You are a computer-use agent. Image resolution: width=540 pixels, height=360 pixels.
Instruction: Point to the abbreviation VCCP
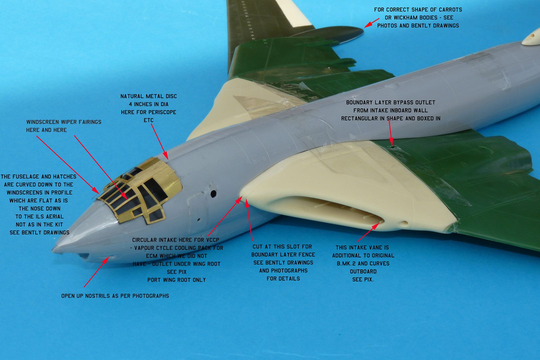tap(212, 240)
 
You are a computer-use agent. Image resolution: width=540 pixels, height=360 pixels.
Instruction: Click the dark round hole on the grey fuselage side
tap(213, 194)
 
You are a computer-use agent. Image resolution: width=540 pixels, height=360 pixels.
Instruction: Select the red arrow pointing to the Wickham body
tap(372, 23)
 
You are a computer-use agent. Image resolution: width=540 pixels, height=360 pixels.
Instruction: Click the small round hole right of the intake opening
tap(405, 223)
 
